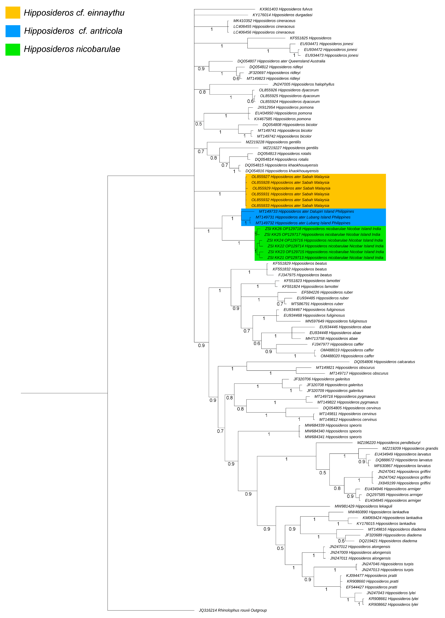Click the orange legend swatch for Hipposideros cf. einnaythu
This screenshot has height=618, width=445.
[x=13, y=13]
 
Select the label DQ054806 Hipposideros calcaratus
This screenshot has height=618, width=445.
[x=384, y=362]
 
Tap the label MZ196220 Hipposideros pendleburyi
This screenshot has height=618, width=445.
[x=389, y=443]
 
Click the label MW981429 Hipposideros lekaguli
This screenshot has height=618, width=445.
[x=363, y=506]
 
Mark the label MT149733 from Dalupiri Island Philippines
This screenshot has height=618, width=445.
[x=306, y=211]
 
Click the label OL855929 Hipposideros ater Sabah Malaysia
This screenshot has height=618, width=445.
[x=291, y=188]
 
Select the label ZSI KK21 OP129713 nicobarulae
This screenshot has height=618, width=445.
[x=325, y=258]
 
